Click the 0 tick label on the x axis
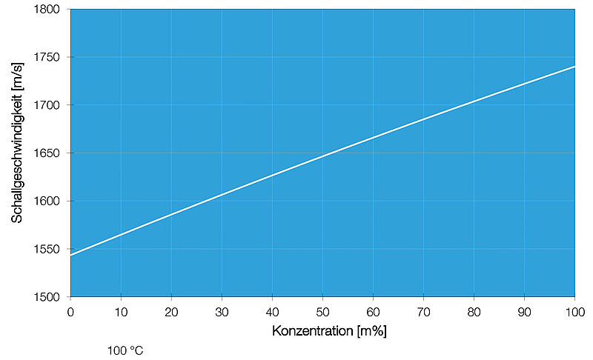pyautogui.click(x=70, y=311)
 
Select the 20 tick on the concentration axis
pyautogui.click(x=171, y=311)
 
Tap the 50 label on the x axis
pyautogui.click(x=322, y=311)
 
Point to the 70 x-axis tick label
pyautogui.click(x=423, y=311)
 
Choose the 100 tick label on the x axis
pyautogui.click(x=574, y=311)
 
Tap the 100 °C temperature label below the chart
pyautogui.click(x=125, y=350)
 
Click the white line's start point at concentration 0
pyautogui.click(x=71, y=255)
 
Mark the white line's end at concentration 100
pyautogui.click(x=574, y=67)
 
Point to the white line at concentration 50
pyautogui.click(x=322, y=156)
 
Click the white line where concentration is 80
pyautogui.click(x=474, y=101)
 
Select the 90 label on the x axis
pyautogui.click(x=524, y=311)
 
